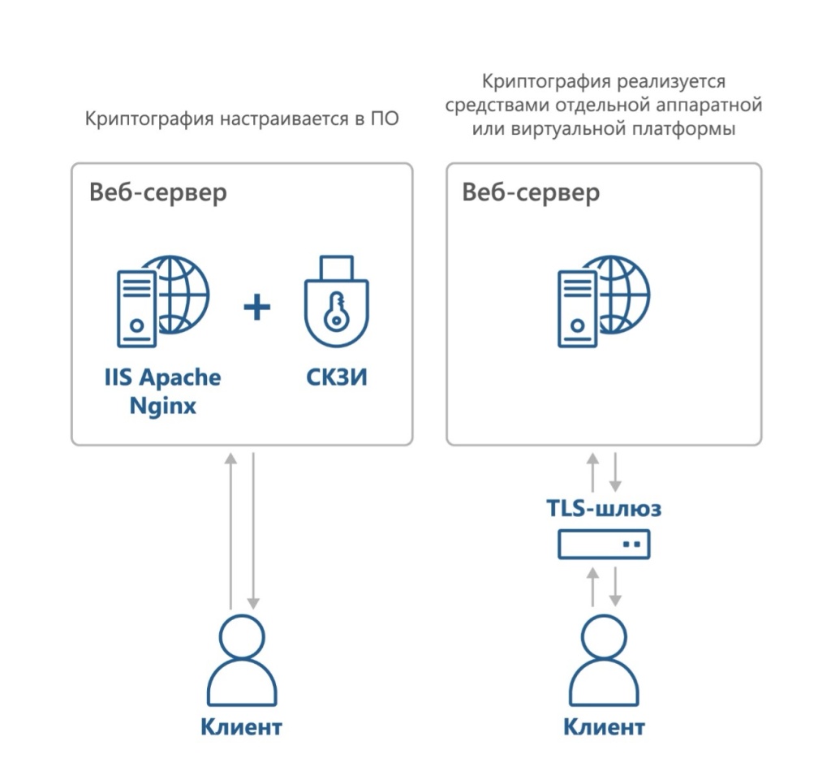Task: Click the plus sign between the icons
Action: (x=257, y=308)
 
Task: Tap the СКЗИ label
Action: (x=336, y=377)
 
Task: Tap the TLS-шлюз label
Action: (x=603, y=509)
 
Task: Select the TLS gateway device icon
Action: (x=604, y=544)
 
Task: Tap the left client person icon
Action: (x=242, y=661)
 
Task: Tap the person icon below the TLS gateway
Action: (x=604, y=661)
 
